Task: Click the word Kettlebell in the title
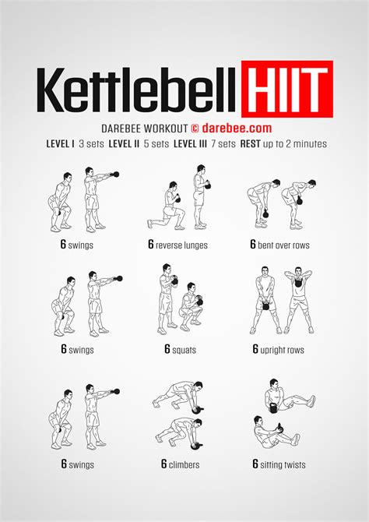pyautogui.click(x=135, y=90)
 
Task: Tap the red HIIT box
pyautogui.click(x=287, y=89)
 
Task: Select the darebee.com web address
pyautogui.click(x=237, y=129)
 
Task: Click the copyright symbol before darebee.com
pyautogui.click(x=195, y=129)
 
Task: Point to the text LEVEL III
pyautogui.click(x=190, y=144)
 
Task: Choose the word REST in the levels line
pyautogui.click(x=251, y=144)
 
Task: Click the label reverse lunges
pyautogui.click(x=181, y=245)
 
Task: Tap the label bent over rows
pyautogui.click(x=283, y=245)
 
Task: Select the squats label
pyautogui.click(x=184, y=350)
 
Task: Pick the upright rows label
pyautogui.click(x=282, y=350)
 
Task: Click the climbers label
pyautogui.click(x=184, y=464)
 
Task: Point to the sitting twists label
pyautogui.click(x=283, y=464)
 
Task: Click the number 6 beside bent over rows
pyautogui.click(x=253, y=245)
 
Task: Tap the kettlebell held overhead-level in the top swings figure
pyautogui.click(x=116, y=174)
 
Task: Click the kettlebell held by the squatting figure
pyautogui.click(x=199, y=302)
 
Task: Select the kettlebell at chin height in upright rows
pyautogui.click(x=298, y=282)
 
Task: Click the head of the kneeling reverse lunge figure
pyautogui.click(x=172, y=185)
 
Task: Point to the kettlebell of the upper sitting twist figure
pyautogui.click(x=273, y=407)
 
